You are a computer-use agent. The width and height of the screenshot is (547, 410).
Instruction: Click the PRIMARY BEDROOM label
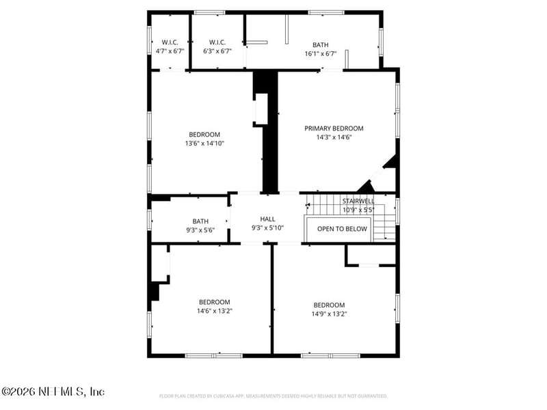pyautogui.click(x=334, y=128)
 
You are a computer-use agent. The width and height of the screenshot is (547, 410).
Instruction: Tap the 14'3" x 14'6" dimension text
pyautogui.click(x=334, y=137)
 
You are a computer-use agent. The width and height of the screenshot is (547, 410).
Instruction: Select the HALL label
pyautogui.click(x=267, y=219)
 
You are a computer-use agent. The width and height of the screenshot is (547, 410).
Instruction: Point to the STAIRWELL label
pyautogui.click(x=358, y=202)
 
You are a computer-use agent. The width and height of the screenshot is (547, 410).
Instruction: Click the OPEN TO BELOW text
pyautogui.click(x=342, y=229)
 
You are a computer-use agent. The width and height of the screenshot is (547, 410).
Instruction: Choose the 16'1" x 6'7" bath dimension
pyautogui.click(x=321, y=53)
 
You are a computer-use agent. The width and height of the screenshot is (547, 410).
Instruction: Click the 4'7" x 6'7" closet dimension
pyautogui.click(x=170, y=51)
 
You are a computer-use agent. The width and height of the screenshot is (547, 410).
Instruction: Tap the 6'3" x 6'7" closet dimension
pyautogui.click(x=217, y=51)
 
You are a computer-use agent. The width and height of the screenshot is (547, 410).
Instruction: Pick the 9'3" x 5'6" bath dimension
pyautogui.click(x=200, y=230)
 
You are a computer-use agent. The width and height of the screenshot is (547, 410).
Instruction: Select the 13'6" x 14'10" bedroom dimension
pyautogui.click(x=204, y=143)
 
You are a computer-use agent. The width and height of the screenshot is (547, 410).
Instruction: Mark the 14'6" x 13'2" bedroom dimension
pyautogui.click(x=215, y=311)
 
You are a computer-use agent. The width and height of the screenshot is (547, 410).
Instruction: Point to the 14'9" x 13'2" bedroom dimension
pyautogui.click(x=329, y=314)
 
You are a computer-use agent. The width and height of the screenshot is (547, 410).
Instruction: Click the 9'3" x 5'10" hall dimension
pyautogui.click(x=267, y=228)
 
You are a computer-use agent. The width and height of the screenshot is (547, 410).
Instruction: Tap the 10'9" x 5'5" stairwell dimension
pyautogui.click(x=358, y=210)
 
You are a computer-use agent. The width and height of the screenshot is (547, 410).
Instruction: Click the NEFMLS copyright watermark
pyautogui.click(x=53, y=392)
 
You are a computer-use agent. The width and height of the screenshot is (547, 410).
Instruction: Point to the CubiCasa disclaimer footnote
pyautogui.click(x=273, y=396)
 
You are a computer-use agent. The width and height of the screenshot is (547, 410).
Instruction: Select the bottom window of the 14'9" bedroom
pyautogui.click(x=331, y=355)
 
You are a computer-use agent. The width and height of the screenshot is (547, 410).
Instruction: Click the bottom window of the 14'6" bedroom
pyautogui.click(x=213, y=355)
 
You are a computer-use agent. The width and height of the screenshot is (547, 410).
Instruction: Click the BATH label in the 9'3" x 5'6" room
pyautogui.click(x=200, y=221)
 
